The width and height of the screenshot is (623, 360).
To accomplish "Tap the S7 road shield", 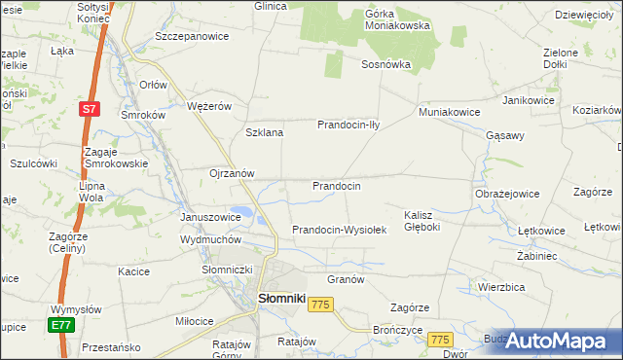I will pos(90,109).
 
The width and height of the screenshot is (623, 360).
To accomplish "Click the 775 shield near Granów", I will pos(321,306).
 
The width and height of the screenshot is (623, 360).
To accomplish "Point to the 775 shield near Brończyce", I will pos(441,340).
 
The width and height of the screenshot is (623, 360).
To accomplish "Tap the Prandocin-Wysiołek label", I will pos(340,231).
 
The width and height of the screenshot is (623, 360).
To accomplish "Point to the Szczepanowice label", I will pos(192,36).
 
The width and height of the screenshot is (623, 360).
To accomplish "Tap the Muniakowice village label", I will pos(449,112).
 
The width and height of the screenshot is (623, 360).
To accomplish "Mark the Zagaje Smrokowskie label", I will pos(116,158).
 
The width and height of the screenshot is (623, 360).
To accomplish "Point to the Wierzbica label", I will pos(502,287).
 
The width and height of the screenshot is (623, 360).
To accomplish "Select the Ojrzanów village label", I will pos(232,174).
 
